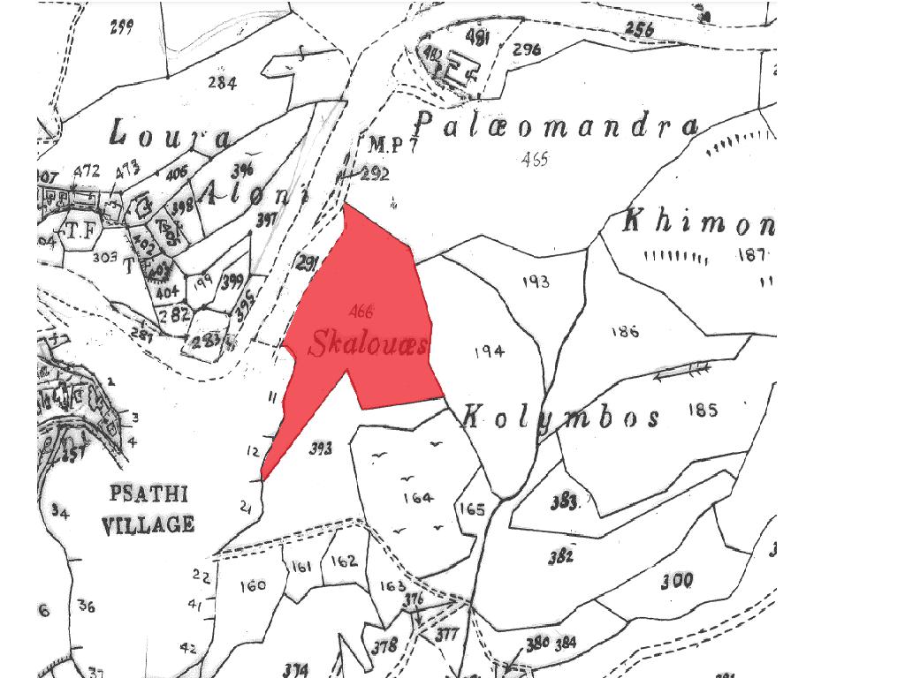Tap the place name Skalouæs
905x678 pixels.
pos(368,344)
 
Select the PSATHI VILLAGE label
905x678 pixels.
pos(148,509)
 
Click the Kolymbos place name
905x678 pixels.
pos(561,416)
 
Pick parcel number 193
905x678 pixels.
pos(536,282)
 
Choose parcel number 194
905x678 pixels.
pos(490,351)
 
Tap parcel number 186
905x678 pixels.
pos(624,332)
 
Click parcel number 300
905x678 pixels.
pos(676,581)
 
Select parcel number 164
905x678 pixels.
pos(418,498)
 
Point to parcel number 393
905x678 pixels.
pos(321,449)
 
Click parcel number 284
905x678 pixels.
pos(222,83)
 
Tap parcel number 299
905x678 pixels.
pos(121,26)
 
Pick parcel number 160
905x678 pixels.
pos(252,585)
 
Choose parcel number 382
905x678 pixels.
pos(560,556)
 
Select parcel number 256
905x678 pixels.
pos(639,29)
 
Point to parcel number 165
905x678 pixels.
pos(472,509)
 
